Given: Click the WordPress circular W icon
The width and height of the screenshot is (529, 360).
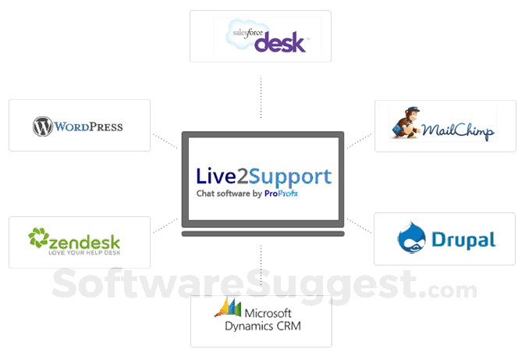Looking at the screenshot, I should coord(42,126).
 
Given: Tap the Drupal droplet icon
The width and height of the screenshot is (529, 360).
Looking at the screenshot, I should coord(412,237).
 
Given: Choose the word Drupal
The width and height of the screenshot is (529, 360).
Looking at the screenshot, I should coord(463,238).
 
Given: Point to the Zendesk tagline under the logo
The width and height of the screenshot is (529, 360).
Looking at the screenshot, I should coord(84,252).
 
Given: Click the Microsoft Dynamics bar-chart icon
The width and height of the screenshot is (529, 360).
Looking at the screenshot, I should coord(227,307).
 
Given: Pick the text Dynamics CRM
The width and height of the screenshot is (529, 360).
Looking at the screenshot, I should coord(270,326).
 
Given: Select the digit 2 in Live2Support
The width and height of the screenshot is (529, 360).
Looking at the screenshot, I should coord(249,176).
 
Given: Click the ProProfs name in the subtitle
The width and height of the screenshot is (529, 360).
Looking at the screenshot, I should coord(281,193).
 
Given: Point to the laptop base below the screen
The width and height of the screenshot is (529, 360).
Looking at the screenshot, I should coord(263,232).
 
